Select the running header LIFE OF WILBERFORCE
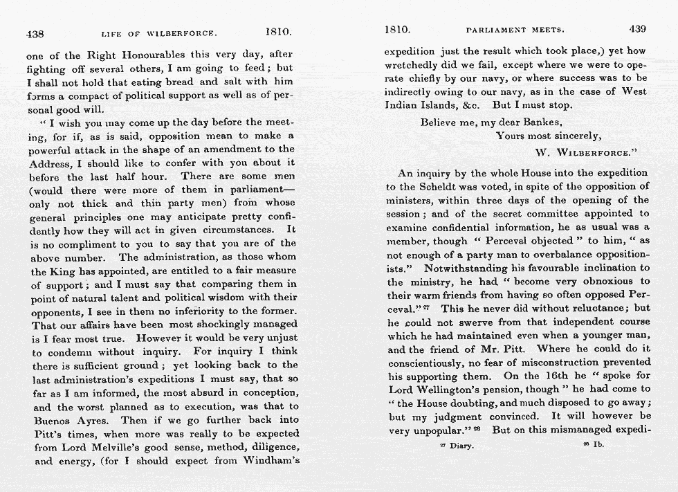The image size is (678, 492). [159, 33]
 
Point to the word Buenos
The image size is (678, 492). [50, 419]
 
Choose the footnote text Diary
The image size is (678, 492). [460, 446]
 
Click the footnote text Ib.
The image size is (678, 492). [599, 445]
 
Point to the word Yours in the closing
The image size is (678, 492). [511, 136]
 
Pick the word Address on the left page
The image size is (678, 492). [51, 163]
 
